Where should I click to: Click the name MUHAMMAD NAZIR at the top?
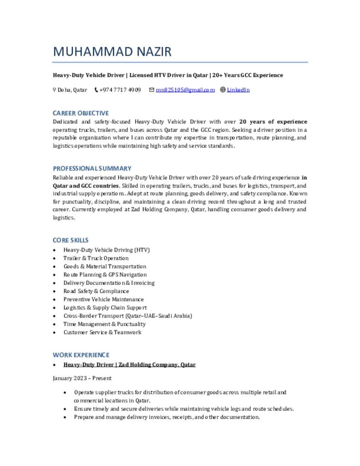click(112, 51)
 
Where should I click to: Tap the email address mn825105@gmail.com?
click(185, 90)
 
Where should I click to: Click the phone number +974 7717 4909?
click(120, 90)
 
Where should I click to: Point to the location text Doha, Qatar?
click(72, 90)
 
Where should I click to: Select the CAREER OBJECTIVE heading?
click(81, 113)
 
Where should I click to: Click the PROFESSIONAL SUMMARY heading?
click(92, 168)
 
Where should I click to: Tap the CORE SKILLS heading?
click(71, 240)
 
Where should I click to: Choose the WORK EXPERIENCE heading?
click(81, 355)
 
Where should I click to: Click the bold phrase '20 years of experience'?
click(273, 122)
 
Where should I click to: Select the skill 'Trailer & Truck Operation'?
click(96, 258)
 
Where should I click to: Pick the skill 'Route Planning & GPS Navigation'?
click(105, 274)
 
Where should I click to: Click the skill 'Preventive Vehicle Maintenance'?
click(103, 299)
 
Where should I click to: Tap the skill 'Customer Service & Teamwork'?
click(102, 332)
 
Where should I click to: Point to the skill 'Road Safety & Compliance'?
click(96, 291)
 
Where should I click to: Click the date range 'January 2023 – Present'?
click(82, 378)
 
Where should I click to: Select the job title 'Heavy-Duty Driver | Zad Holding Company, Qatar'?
click(129, 365)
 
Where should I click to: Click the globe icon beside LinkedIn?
click(223, 90)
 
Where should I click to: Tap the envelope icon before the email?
click(152, 90)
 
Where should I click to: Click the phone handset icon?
click(96, 90)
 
